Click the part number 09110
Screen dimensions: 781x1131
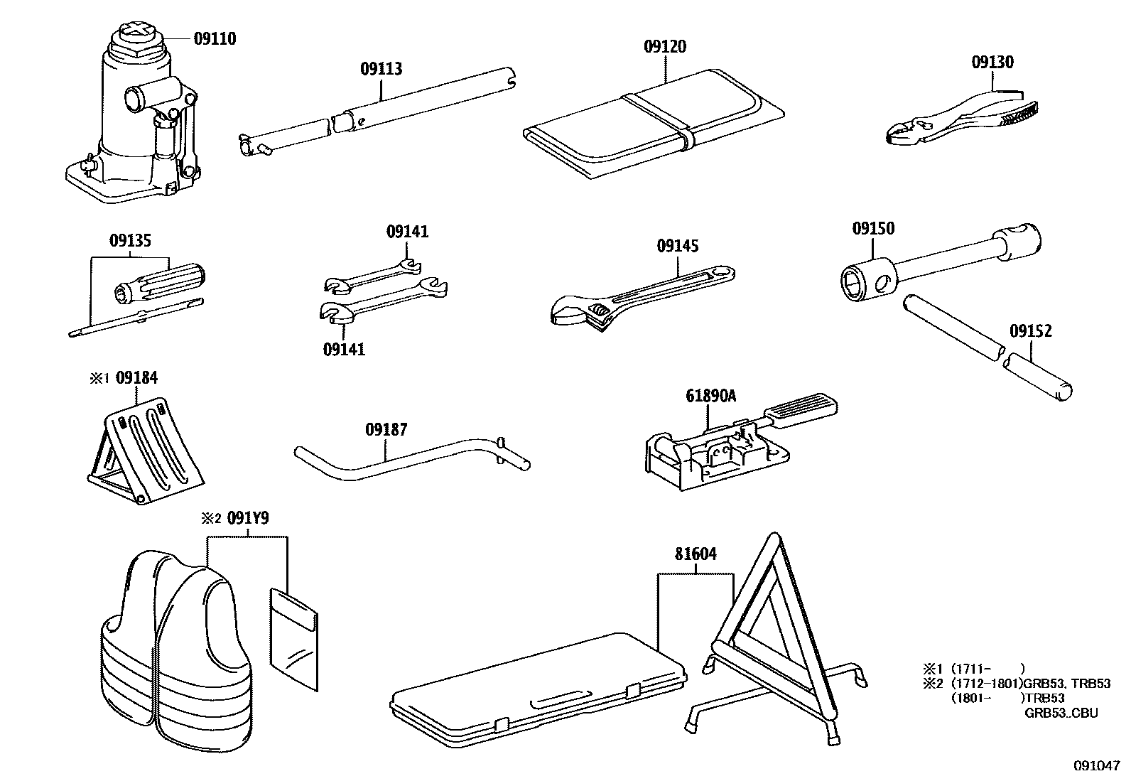pos(215,38)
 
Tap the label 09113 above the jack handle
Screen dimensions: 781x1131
pos(381,69)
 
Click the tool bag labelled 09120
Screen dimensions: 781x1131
pos(654,124)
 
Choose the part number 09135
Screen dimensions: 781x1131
pos(130,240)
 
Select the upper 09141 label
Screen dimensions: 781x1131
pos(407,232)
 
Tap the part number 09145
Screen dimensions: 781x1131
pos(677,246)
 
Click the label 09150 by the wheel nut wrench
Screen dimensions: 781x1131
pos(873,229)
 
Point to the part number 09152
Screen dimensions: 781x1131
pos(1031,330)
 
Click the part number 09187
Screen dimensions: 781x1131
pos(386,429)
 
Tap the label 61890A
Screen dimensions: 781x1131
pos(710,396)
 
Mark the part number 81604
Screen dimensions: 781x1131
pos(695,554)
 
